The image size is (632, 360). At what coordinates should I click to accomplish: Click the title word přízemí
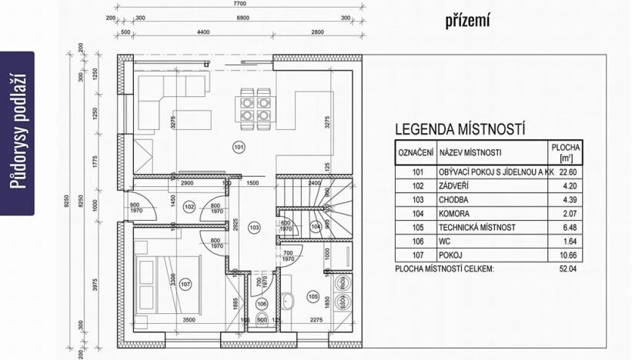click(467, 21)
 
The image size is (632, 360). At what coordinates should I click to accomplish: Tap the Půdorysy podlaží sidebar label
click(18, 132)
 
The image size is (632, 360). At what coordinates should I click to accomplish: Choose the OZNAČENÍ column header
click(416, 152)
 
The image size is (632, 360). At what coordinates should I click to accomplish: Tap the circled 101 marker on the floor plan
click(238, 146)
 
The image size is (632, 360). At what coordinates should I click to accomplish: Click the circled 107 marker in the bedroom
click(184, 285)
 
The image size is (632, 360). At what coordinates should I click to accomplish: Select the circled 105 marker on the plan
click(313, 295)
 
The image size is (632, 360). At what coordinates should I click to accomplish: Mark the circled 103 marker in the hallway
click(255, 227)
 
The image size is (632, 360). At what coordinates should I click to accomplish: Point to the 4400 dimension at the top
click(203, 32)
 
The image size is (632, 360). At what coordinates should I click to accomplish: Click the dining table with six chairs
click(255, 107)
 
